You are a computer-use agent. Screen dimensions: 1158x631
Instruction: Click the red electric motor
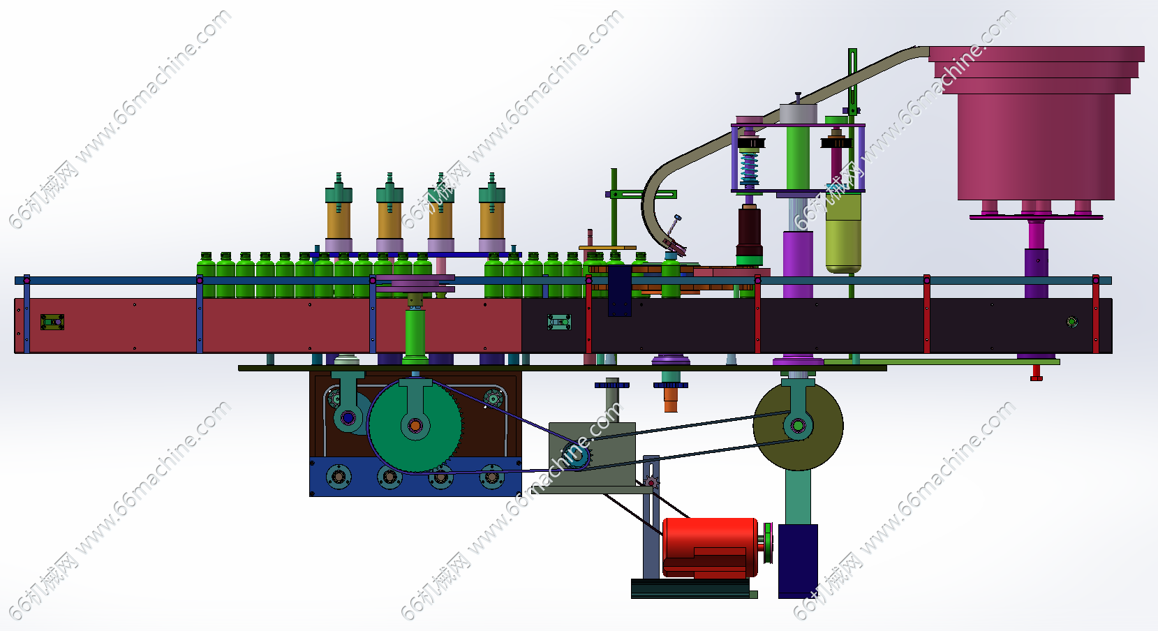pyautogui.click(x=709, y=547)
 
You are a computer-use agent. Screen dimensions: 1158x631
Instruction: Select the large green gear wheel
pyautogui.click(x=415, y=426)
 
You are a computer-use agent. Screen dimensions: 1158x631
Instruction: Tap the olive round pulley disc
pyautogui.click(x=798, y=426)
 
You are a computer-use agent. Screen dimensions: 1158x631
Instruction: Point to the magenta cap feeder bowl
pyautogui.click(x=1036, y=122)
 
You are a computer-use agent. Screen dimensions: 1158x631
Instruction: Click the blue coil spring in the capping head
pyautogui.click(x=748, y=168)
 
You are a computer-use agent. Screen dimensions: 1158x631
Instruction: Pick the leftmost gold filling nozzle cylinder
pyautogui.click(x=339, y=220)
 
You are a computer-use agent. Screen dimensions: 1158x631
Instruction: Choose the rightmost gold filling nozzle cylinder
pyautogui.click(x=491, y=220)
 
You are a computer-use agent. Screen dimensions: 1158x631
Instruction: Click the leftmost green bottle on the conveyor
pyautogui.click(x=206, y=275)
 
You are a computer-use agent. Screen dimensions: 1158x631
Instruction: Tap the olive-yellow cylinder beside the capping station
pyautogui.click(x=843, y=232)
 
